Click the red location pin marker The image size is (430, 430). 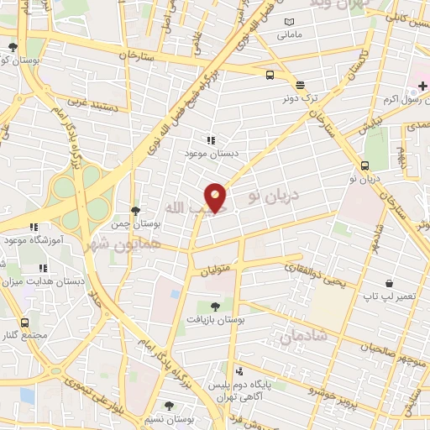[216, 197]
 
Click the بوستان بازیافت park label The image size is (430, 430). [215, 320]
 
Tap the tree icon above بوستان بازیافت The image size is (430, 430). [215, 307]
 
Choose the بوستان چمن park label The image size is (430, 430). [135, 224]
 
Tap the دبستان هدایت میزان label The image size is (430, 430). [42, 282]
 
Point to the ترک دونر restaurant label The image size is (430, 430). [300, 98]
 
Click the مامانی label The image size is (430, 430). [290, 35]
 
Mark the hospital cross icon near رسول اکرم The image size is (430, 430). [422, 87]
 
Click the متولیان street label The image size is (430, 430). [214, 270]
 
